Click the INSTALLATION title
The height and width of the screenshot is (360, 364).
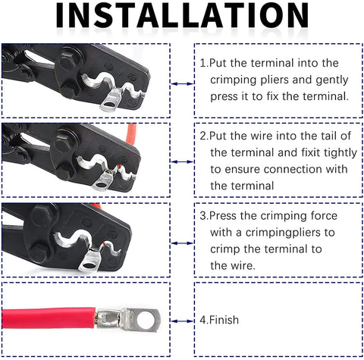tap(182, 16)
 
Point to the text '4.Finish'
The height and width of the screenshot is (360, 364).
tap(219, 320)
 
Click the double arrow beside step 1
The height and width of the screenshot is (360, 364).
tap(182, 83)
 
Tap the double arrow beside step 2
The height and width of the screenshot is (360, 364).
tap(182, 161)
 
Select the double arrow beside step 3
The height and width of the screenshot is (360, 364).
tap(182, 243)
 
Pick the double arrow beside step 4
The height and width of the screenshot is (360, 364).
tap(182, 321)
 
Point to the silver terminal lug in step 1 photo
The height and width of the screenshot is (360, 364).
tap(111, 101)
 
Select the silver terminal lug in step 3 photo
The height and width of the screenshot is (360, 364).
tap(90, 260)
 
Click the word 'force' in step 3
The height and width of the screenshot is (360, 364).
tap(324, 216)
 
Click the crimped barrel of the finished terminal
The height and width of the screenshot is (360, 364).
tap(109, 318)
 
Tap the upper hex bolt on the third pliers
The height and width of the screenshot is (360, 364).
tap(43, 215)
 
